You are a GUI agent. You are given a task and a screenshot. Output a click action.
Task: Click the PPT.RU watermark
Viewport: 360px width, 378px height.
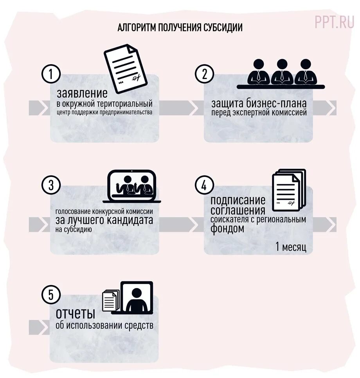click(334, 22)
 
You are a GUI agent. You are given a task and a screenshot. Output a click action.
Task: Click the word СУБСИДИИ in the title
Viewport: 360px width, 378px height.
click(223, 28)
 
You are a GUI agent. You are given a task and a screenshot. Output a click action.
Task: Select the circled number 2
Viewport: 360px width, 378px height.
click(204, 74)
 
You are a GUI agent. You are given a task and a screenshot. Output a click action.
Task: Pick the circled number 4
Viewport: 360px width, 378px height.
click(204, 185)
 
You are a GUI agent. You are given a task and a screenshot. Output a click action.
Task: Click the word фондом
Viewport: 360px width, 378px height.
click(227, 229)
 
